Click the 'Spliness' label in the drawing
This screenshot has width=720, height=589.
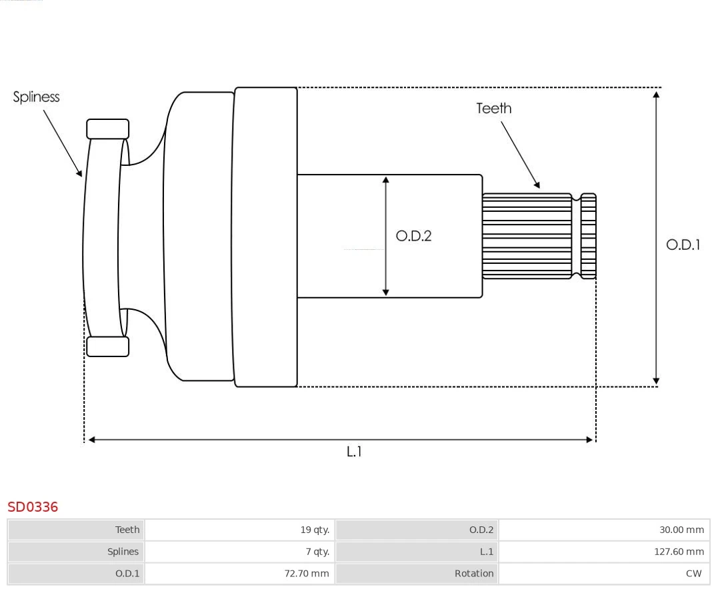coord(36,97)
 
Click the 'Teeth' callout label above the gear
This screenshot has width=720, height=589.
coord(493,108)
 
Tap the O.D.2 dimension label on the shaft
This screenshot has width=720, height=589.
coord(413,236)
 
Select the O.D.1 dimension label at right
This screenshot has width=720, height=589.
coord(683,245)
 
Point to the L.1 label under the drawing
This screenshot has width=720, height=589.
coord(354,452)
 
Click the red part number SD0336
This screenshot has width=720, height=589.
coord(33,507)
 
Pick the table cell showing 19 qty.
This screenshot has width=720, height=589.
coord(315,530)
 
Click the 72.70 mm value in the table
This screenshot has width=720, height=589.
coord(307,573)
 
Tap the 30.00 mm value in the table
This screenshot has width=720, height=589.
coord(681,530)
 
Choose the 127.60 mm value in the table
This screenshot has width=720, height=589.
coord(679,552)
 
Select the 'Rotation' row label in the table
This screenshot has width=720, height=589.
coord(474,573)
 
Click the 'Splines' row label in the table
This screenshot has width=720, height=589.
coord(123,552)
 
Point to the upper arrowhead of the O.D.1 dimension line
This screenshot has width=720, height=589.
coord(656,95)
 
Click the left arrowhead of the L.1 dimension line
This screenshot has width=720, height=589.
coord(92,440)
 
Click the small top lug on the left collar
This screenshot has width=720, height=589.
coord(107,129)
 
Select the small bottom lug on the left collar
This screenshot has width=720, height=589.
coord(107,346)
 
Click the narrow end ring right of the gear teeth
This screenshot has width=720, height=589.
coord(588,236)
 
